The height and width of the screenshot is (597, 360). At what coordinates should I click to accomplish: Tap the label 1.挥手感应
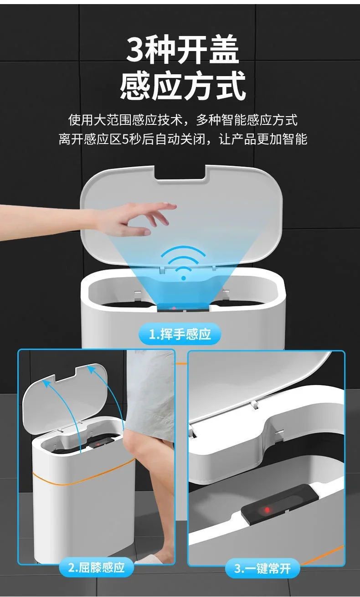pyautogui.click(x=180, y=334)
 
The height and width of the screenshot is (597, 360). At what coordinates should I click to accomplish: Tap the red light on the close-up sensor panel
pyautogui.click(x=267, y=510)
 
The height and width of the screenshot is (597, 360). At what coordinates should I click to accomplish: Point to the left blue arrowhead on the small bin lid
pyautogui.click(x=46, y=383)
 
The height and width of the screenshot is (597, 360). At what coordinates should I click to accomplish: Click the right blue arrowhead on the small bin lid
pyautogui.click(x=91, y=370)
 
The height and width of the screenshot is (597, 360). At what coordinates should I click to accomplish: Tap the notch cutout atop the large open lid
pyautogui.click(x=180, y=172)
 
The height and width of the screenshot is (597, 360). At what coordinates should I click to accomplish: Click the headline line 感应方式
pyautogui.click(x=183, y=86)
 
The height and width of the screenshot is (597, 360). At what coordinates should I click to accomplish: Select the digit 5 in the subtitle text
pyautogui.click(x=125, y=139)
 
